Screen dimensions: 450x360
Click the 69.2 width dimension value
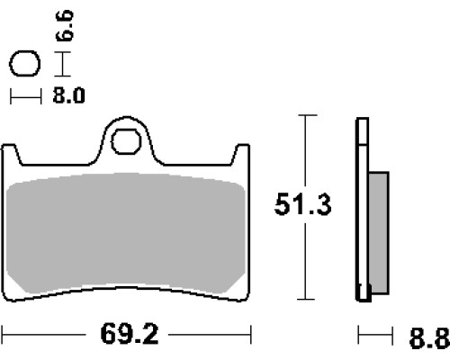130,334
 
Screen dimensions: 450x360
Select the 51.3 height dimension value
302,204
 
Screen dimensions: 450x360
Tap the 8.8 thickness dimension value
429,338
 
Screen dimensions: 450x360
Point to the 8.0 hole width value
68,95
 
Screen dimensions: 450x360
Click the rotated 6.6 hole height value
65,25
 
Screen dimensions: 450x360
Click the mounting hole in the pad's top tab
126,141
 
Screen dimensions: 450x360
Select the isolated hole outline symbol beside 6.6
25,63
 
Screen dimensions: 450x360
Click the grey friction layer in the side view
379,232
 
